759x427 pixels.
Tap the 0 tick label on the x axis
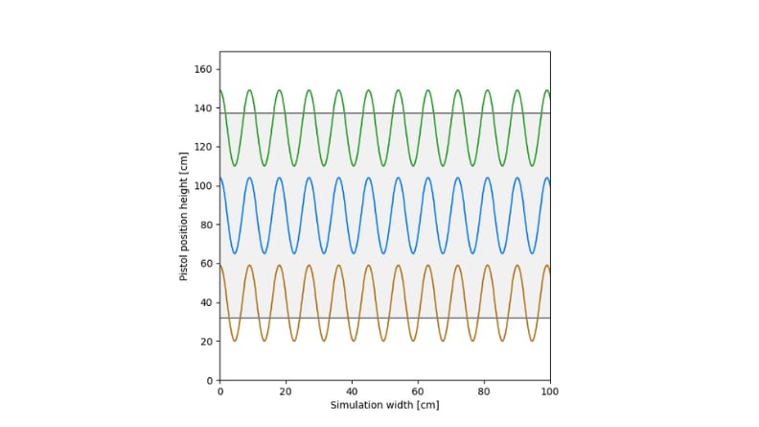[220, 391]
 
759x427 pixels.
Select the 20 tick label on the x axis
[286, 391]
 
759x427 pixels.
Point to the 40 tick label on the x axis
[352, 391]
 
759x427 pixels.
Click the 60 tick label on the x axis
[418, 391]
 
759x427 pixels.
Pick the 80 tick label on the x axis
[484, 391]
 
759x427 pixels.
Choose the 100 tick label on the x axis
[550, 391]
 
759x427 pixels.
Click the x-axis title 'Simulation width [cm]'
[384, 406]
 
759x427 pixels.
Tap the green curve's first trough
[235, 166]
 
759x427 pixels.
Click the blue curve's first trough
[235, 253]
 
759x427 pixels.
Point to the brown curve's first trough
[235, 341]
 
